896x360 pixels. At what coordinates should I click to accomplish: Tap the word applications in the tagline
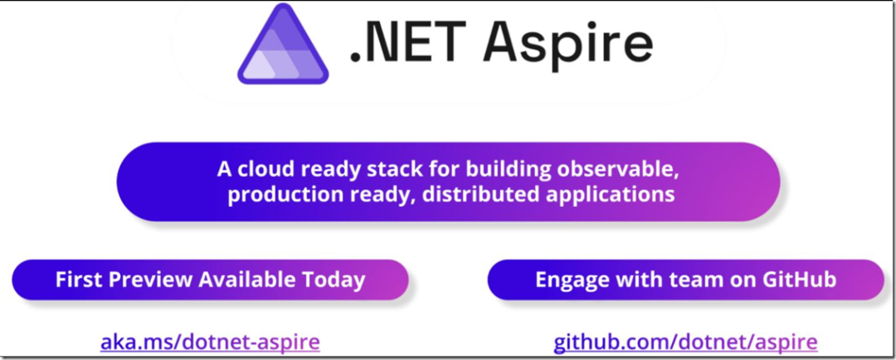(623, 197)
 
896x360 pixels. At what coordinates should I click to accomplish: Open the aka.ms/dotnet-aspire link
(211, 341)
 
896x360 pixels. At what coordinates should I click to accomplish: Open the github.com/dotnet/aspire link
(685, 341)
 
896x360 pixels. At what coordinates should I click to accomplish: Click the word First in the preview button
(78, 280)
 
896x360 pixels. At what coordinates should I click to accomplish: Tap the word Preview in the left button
(150, 280)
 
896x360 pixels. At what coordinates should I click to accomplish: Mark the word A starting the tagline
(224, 170)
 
